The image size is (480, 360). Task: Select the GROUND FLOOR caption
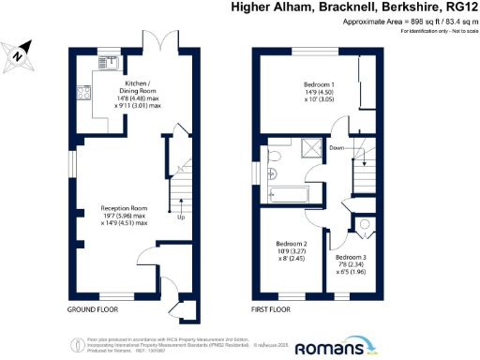[93, 309]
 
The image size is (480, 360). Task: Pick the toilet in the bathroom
[274, 157]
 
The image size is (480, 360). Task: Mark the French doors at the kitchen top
[167, 41]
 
